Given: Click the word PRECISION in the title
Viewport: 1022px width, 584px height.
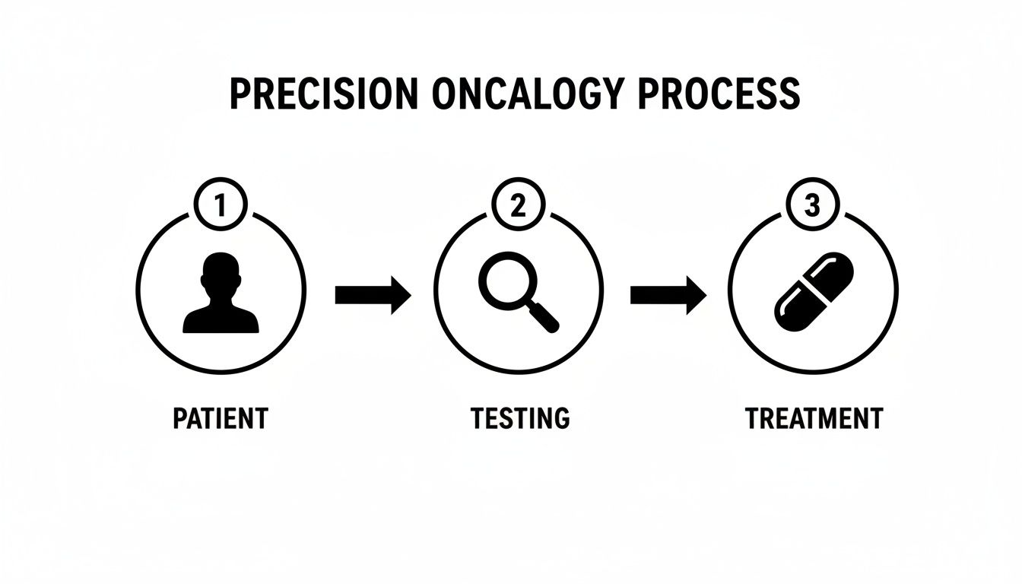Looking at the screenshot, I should tap(323, 94).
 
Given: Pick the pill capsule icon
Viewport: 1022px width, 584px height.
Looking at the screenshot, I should tap(813, 291).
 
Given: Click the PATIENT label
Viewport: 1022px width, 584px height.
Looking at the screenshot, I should tap(221, 418).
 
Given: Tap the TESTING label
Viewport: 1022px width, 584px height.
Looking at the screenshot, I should tap(519, 418).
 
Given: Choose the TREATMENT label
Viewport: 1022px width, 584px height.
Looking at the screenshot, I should tap(814, 418).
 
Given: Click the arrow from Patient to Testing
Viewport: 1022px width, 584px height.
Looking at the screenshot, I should tap(373, 295).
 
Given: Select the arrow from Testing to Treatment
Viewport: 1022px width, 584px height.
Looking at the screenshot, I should tap(668, 295).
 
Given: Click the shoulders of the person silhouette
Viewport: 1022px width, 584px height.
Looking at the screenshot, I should tap(221, 321).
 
